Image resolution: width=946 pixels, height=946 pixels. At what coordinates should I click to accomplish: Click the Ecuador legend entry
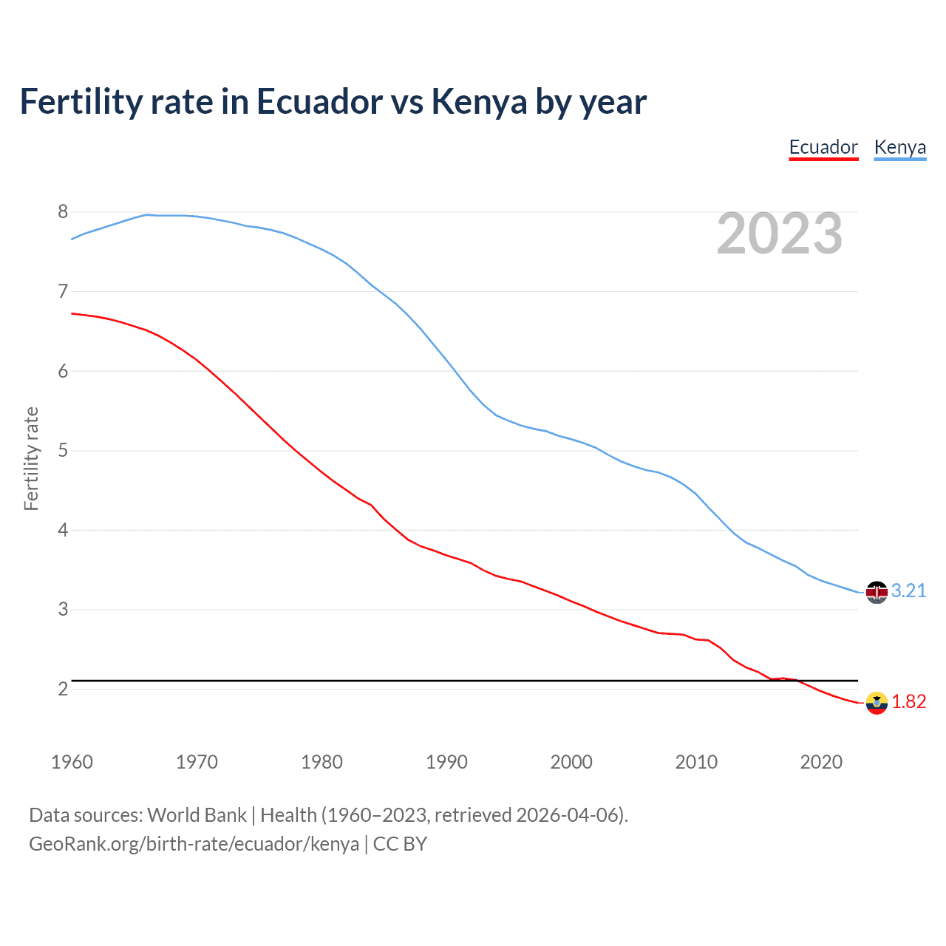click(823, 147)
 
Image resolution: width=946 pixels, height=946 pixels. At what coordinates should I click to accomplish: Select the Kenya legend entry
click(899, 147)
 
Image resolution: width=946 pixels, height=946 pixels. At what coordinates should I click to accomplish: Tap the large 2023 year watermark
click(779, 234)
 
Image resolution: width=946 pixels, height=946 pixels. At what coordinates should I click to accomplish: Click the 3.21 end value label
click(908, 591)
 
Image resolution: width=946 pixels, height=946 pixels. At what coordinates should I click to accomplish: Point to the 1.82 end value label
click(908, 701)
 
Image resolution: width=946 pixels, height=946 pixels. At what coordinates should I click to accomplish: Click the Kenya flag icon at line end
click(877, 593)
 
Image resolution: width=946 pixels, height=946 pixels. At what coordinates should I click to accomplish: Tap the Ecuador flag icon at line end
click(877, 703)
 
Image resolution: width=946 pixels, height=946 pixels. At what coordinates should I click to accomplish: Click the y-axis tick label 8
click(63, 212)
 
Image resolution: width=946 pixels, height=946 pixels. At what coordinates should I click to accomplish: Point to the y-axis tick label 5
click(63, 451)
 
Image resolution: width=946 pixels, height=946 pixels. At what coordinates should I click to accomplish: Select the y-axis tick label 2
click(63, 689)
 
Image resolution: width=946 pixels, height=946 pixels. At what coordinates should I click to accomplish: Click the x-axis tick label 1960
click(72, 762)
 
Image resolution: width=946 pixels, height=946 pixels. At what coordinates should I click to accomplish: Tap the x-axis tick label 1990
click(446, 762)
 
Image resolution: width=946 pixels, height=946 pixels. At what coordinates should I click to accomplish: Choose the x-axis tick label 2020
click(821, 762)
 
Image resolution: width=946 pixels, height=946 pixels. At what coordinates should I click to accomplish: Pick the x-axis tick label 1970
click(197, 762)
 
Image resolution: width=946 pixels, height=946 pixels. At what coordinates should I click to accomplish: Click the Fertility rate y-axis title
click(31, 458)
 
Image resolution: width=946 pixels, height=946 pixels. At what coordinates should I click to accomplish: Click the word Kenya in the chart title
click(479, 102)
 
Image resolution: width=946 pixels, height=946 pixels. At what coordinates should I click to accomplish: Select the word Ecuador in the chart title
click(319, 102)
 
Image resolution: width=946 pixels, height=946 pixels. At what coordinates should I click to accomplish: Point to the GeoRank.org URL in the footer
click(194, 844)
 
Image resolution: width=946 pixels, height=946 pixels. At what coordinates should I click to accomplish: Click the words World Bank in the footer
click(197, 815)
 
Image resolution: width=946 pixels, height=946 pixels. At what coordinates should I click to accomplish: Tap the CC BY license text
click(400, 844)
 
